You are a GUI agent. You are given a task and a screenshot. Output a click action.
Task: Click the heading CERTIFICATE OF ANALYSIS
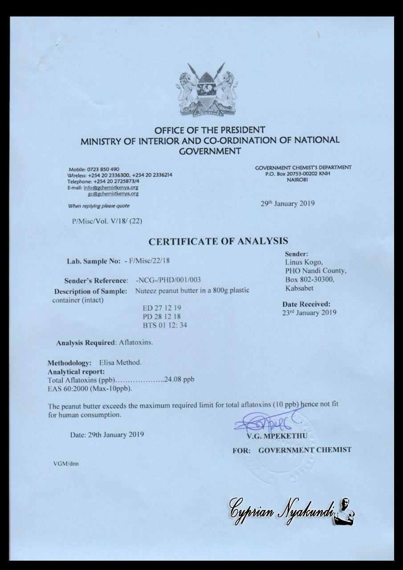pos(218,241)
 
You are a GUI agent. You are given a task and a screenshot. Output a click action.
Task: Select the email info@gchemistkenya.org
pos(111,187)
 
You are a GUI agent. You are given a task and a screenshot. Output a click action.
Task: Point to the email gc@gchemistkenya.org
pos(113,194)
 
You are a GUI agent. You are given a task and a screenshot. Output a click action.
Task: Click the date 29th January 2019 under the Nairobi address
pos(287,204)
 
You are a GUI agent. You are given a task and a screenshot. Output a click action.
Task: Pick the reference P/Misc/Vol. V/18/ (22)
pos(107,221)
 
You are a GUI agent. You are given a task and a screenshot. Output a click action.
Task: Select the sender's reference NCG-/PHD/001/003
pos(168,280)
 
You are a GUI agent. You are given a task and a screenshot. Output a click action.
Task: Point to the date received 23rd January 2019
pos(309,312)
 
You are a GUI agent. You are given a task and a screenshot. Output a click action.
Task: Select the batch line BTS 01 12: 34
pos(165,325)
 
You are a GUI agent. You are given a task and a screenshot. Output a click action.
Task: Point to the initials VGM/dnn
pos(66,463)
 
